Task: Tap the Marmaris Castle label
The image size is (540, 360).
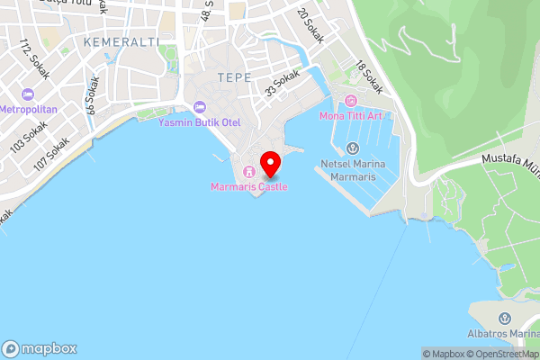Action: coord(248,186)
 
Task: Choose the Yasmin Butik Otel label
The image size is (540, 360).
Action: coord(200,121)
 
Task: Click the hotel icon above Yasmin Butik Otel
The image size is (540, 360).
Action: coord(200,106)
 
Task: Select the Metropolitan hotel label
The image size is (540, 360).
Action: coord(29,109)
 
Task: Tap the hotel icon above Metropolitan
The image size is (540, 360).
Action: coord(28,94)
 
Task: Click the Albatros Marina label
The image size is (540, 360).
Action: coord(504,334)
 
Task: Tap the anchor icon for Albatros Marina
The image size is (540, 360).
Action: coord(504,319)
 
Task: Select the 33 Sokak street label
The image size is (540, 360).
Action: coord(281,84)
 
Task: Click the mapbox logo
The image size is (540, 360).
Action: coord(40,348)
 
